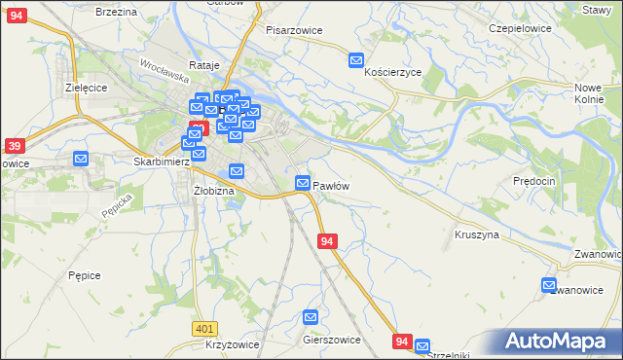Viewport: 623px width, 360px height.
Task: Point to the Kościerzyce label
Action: [392, 73]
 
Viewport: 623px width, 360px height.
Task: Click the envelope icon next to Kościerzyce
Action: [357, 60]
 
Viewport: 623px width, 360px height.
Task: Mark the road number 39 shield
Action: [14, 146]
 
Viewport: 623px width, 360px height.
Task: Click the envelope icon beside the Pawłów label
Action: [303, 183]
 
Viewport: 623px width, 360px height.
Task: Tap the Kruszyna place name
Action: [477, 234]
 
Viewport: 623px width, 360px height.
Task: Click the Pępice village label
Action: [85, 275]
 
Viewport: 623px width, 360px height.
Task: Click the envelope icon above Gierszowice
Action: [311, 316]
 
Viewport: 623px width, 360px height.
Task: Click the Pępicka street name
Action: [116, 211]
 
